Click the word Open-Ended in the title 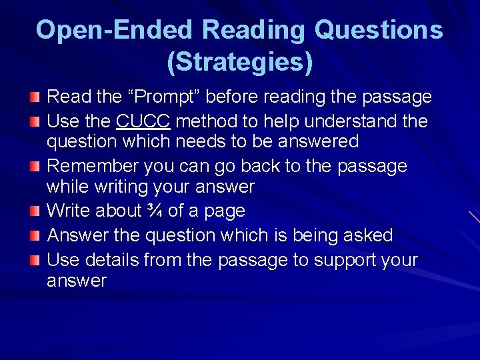(114, 30)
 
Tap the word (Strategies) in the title (239, 62)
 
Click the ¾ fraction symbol (154, 211)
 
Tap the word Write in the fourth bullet (68, 211)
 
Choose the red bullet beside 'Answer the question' (35, 236)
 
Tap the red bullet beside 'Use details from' (35, 260)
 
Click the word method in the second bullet (199, 121)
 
